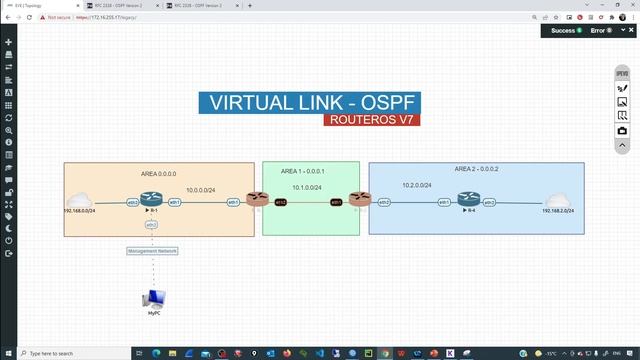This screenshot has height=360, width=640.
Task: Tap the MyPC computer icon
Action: (x=154, y=298)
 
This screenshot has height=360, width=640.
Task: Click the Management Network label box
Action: (x=152, y=250)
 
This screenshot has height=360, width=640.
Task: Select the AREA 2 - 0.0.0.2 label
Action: (x=476, y=169)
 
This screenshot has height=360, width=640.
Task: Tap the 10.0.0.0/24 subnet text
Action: (x=203, y=189)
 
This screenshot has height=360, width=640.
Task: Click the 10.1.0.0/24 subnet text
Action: (x=307, y=187)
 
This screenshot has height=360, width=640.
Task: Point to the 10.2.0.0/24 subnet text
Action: (x=417, y=185)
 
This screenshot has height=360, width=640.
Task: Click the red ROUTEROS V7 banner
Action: (x=371, y=120)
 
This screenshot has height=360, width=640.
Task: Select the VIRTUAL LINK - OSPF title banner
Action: (x=309, y=102)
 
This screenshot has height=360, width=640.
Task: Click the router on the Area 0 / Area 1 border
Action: (x=257, y=200)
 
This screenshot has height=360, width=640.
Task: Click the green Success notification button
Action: (x=565, y=31)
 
